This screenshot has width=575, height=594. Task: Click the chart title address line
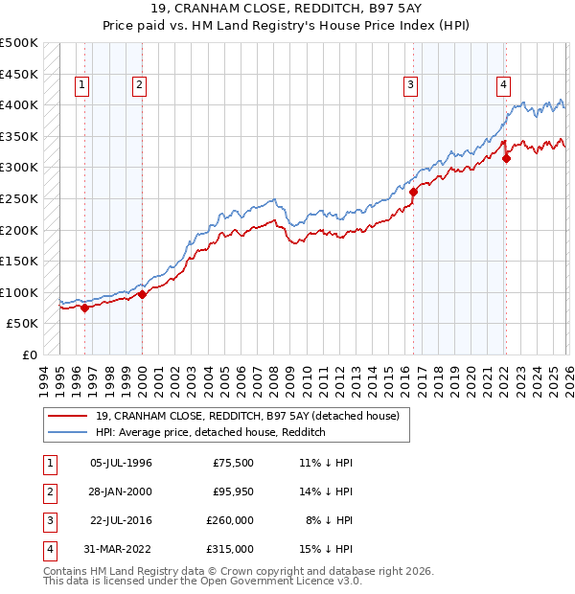click(x=287, y=9)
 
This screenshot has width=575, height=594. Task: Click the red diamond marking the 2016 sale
click(x=413, y=193)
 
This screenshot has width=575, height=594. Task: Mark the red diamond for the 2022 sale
click(x=506, y=158)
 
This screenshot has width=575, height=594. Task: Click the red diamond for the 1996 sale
click(x=84, y=308)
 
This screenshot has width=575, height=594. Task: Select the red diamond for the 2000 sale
click(x=142, y=295)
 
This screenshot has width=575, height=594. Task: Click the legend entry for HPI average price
click(x=211, y=433)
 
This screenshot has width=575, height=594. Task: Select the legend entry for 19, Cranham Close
click(x=253, y=416)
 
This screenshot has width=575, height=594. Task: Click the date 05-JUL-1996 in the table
click(x=121, y=463)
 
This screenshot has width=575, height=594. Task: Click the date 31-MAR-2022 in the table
click(x=121, y=549)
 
